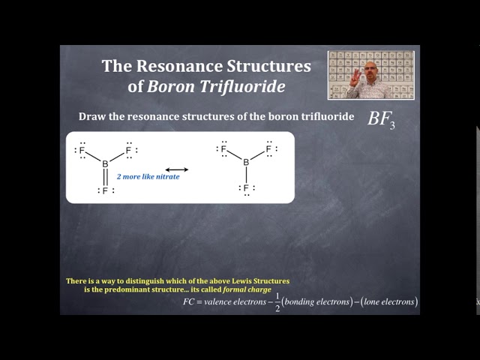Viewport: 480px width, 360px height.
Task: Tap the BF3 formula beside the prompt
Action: point(381,120)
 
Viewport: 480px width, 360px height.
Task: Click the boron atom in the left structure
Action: point(105,164)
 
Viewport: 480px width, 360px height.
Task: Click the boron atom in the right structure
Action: point(245,162)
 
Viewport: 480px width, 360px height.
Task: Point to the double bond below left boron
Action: point(105,177)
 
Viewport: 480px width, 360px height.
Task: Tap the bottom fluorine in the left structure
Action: point(105,190)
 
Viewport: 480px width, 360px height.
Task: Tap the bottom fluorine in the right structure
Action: point(245,187)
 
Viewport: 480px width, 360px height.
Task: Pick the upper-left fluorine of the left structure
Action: point(82,151)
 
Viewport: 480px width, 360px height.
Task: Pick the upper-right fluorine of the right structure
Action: point(268,149)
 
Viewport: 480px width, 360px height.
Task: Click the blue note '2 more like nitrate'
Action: point(148,178)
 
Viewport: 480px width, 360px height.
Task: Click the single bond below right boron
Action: point(245,175)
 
